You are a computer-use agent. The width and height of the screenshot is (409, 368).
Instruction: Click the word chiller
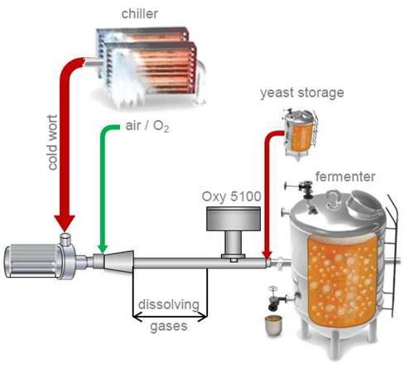click(x=140, y=13)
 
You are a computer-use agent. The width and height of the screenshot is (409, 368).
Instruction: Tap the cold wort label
click(x=52, y=143)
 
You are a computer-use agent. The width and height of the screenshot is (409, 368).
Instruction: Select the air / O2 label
click(x=147, y=126)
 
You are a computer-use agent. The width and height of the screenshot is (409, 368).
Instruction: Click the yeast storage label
click(x=302, y=93)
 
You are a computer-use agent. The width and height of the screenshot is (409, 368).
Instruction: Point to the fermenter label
click(x=345, y=177)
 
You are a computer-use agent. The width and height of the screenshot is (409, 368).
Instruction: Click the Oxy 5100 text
click(x=231, y=196)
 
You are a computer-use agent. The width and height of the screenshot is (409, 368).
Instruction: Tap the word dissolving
click(x=169, y=304)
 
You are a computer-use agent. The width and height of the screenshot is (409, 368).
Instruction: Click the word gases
click(x=169, y=326)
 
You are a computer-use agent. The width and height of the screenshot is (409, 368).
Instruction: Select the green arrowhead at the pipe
click(x=103, y=249)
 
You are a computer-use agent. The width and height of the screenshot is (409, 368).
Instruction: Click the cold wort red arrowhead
click(x=65, y=223)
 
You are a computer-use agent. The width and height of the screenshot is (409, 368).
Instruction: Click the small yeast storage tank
click(x=300, y=134)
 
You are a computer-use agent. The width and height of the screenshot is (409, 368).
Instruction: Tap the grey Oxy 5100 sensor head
click(x=233, y=219)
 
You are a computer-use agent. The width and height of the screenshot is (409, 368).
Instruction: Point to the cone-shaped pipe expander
click(x=118, y=262)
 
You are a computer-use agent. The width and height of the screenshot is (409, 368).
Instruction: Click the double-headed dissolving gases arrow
click(x=170, y=317)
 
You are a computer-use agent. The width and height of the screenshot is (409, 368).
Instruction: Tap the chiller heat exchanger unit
click(x=147, y=66)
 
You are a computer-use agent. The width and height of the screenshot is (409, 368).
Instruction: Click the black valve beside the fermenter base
click(x=275, y=300)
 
